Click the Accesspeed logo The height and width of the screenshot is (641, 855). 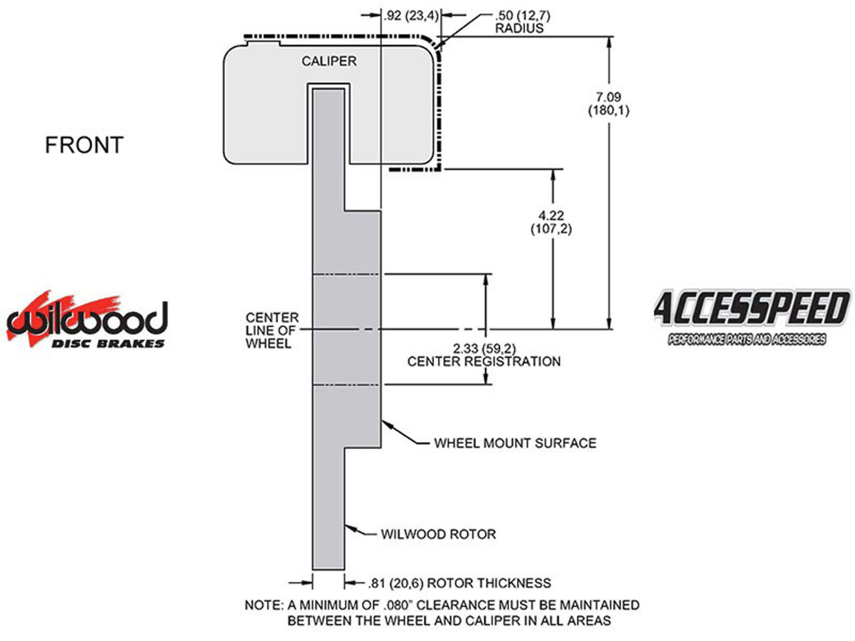coord(751,309)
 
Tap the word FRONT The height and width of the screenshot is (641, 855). coord(84,145)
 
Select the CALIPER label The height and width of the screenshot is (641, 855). coord(329,61)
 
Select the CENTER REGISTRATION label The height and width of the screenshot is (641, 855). coord(484,362)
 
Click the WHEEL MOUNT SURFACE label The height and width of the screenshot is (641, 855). coord(515,443)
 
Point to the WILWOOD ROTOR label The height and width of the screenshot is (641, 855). coord(438,534)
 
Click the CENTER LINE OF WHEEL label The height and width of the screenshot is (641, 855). coord(272,331)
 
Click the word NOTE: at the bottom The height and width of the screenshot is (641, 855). coord(263,605)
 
